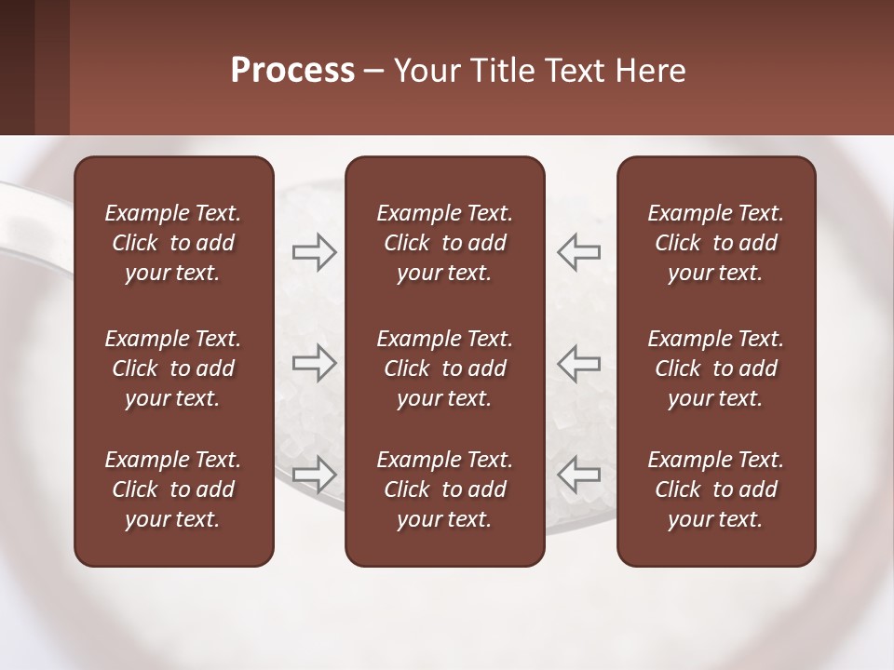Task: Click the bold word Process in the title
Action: click(x=292, y=71)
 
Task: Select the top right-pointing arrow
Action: click(x=314, y=252)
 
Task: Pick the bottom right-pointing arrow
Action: click(x=314, y=474)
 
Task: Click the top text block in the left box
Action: click(x=173, y=243)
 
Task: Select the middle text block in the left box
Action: click(x=173, y=368)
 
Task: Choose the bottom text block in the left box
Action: click(x=173, y=489)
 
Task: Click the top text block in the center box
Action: click(x=444, y=243)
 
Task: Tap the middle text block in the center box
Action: click(x=444, y=368)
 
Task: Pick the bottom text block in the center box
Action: click(x=444, y=489)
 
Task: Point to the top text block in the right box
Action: click(x=715, y=243)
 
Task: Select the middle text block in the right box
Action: click(x=715, y=368)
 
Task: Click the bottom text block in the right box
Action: click(x=715, y=489)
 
